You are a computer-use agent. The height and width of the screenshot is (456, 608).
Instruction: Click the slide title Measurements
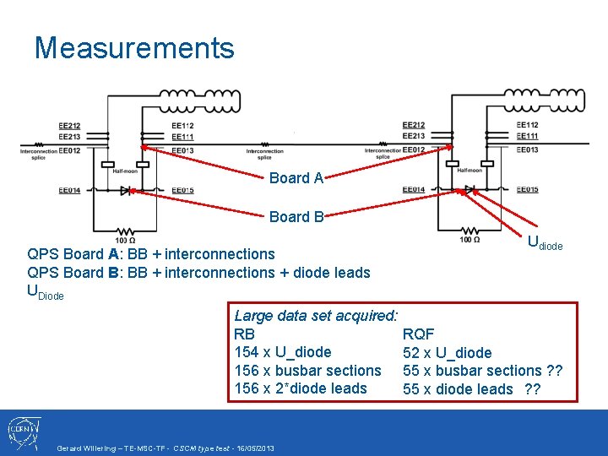coord(134,47)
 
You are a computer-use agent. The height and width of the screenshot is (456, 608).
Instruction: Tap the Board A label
coord(296,178)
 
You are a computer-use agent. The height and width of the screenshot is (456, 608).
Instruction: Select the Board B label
coord(296,217)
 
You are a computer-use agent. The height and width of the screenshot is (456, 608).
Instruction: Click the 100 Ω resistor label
coord(470,241)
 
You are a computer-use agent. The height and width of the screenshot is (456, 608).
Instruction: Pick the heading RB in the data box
coord(244,334)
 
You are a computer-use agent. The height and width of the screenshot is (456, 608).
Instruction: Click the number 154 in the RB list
coord(246,352)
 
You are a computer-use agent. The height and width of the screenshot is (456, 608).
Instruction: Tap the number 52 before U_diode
coord(411,353)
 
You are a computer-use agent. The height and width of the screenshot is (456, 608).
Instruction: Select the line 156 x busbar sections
coord(307,371)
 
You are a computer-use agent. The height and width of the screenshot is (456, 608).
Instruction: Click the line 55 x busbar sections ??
coord(483,371)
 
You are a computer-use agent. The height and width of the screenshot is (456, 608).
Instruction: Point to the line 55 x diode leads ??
coord(471,389)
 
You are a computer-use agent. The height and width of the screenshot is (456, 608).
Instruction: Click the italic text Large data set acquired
coord(316,316)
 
